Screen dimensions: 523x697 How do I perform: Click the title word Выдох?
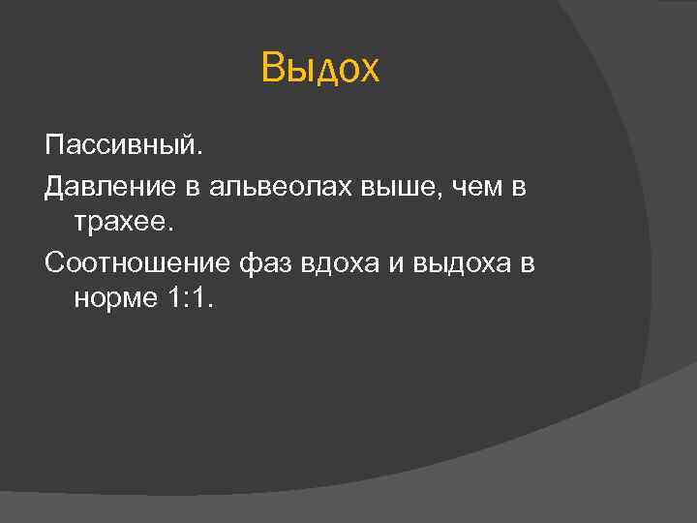click(x=321, y=70)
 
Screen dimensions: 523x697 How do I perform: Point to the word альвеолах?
click(x=279, y=188)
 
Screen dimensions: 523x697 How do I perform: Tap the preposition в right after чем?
click(x=518, y=188)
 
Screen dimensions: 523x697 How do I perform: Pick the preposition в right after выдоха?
click(x=527, y=263)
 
